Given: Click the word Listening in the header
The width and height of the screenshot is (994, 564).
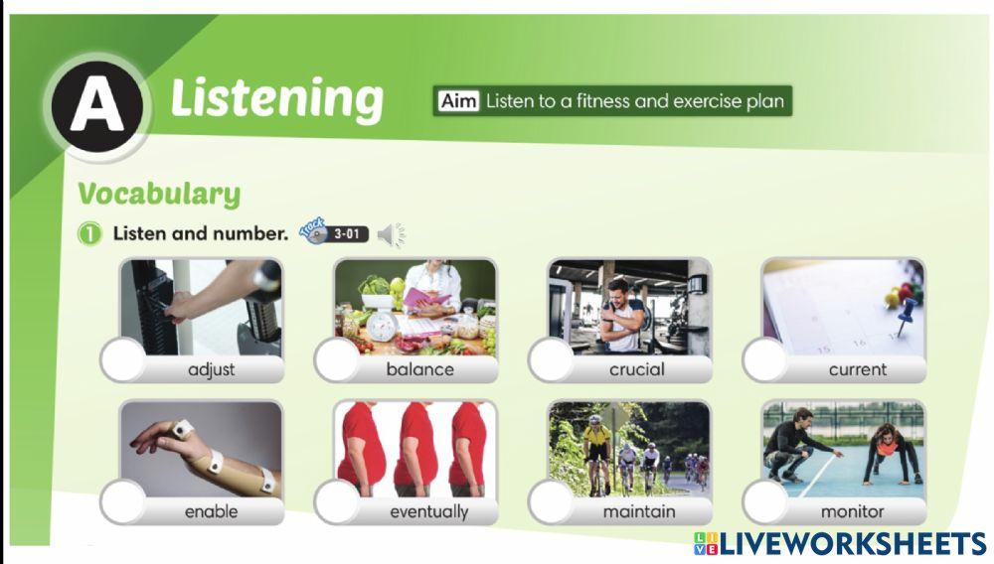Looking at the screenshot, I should click(276, 99).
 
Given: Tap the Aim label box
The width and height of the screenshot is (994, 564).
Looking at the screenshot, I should click(458, 101).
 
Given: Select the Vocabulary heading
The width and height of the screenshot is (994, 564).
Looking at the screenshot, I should click(159, 194).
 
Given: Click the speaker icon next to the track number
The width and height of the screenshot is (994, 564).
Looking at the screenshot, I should click(392, 235).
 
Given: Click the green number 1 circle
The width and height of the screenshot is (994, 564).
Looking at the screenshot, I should click(90, 235).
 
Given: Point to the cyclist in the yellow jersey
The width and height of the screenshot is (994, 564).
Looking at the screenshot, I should click(596, 442).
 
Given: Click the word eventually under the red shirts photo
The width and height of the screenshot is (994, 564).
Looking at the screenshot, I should click(428, 512).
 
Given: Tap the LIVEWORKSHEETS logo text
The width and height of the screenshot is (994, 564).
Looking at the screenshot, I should click(852, 543).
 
